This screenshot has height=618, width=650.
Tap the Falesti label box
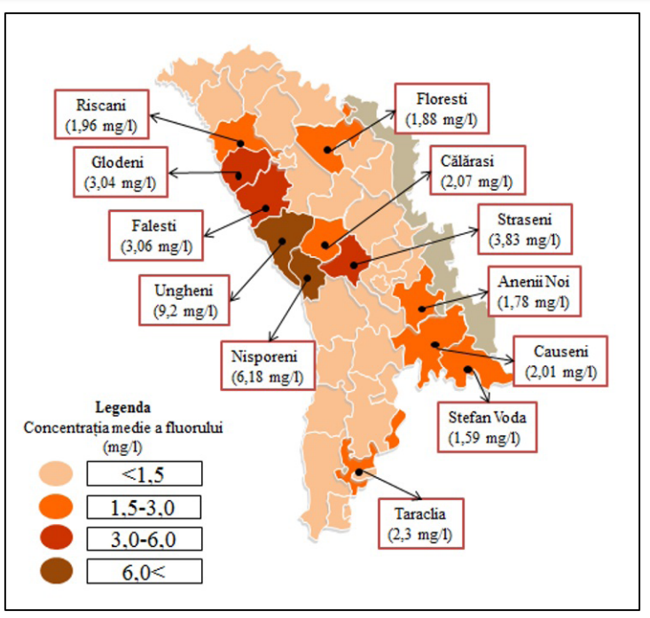click(155, 235)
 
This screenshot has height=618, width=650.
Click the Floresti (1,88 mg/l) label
click(441, 107)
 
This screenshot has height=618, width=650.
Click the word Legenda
click(121, 410)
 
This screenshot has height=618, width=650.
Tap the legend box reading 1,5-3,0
click(145, 506)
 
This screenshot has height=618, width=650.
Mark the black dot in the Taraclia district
click(358, 472)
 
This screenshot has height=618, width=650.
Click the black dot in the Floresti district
click(326, 150)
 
